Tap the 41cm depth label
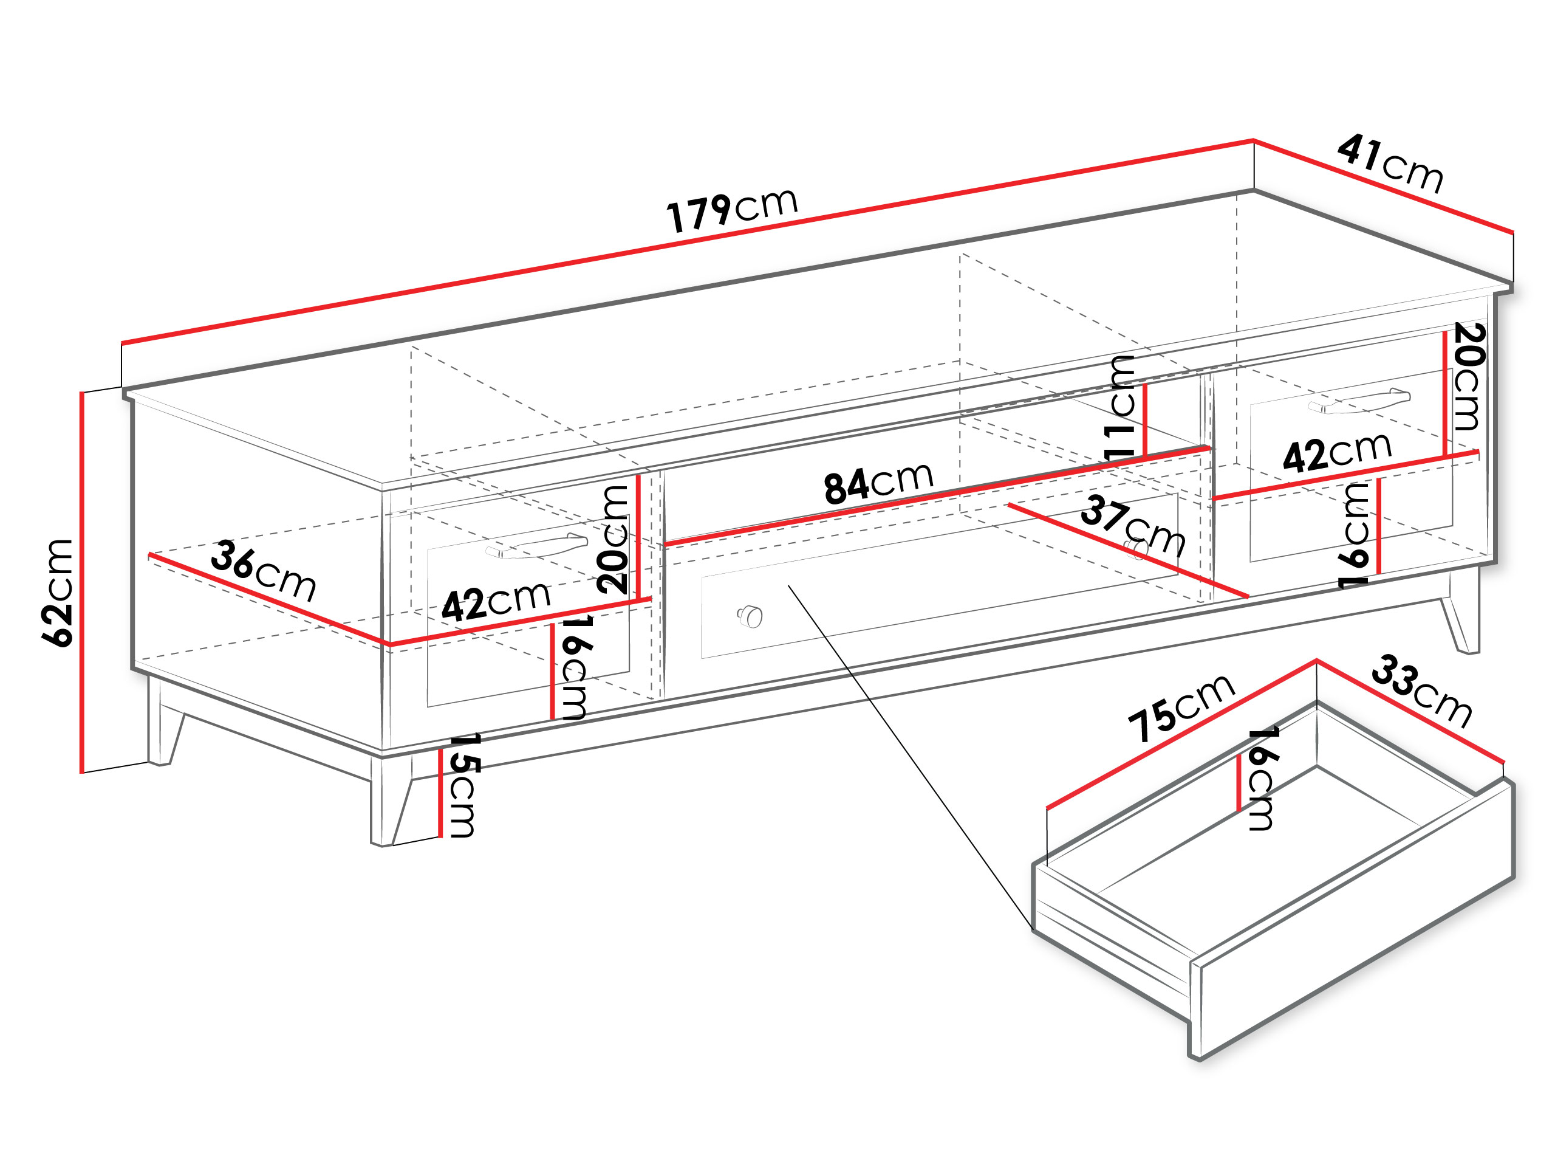pos(1390,164)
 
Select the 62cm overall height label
pos(58,592)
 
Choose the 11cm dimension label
pos(1120,407)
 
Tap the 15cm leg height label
pos(463,785)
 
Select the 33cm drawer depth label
pos(1421,692)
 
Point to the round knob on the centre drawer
pos(750,616)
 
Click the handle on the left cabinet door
pos(536,546)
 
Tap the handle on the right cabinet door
pos(1359,401)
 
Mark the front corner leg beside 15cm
pos(392,800)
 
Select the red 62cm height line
pos(82,582)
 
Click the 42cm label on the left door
pos(496,602)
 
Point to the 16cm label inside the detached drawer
pos(1262,778)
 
